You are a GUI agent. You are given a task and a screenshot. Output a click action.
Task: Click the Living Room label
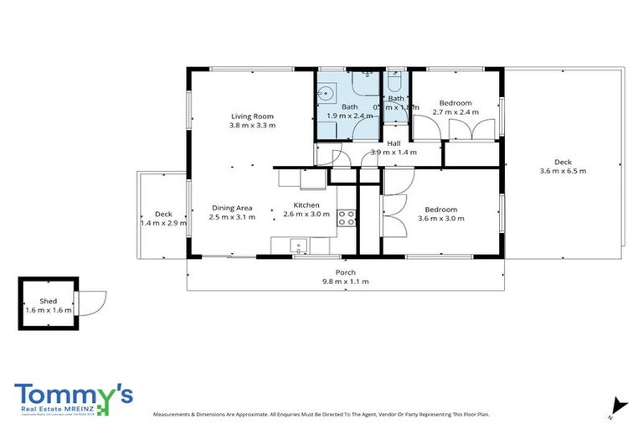[252, 116]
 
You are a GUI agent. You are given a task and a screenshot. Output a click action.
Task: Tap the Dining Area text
[232, 208]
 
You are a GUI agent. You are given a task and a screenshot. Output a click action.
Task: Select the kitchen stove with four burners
[347, 218]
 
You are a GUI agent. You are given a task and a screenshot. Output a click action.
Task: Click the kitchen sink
[295, 246]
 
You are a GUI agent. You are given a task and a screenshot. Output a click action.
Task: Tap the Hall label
[393, 143]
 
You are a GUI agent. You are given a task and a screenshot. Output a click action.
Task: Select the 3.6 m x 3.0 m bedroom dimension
[440, 219]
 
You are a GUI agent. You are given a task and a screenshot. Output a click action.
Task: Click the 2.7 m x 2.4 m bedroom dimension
[455, 111]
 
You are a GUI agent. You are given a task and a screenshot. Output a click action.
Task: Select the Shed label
[48, 300]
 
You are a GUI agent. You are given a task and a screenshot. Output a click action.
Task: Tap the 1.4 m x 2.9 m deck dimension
[163, 224]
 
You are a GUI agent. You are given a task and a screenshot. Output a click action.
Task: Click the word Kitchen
[306, 205]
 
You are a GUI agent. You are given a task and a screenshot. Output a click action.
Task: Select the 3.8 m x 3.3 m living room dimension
[252, 126]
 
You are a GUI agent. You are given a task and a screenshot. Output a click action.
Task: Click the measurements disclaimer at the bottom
[321, 414]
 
